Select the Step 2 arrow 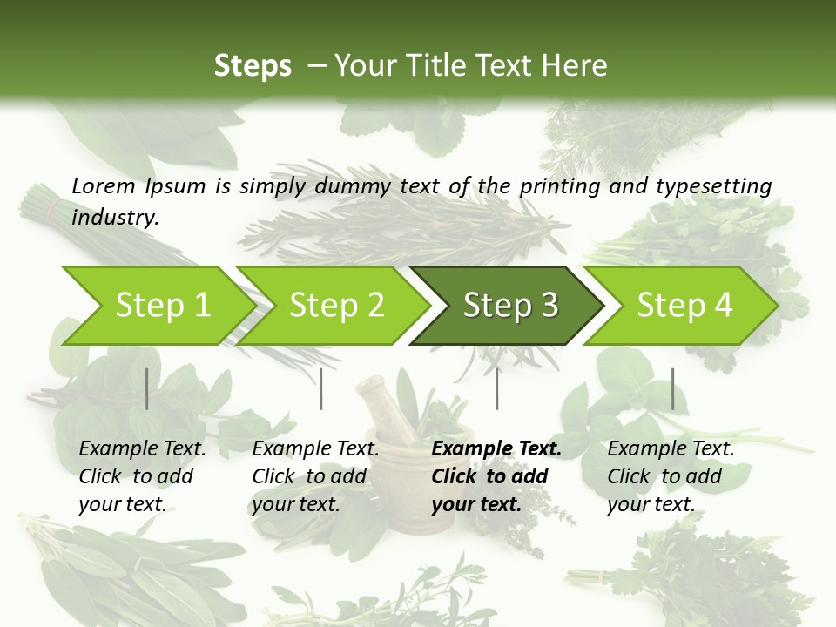[x=335, y=305]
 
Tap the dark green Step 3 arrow [x=509, y=305]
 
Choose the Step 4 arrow [x=683, y=305]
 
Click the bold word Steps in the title [x=253, y=66]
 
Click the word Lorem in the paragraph [x=104, y=185]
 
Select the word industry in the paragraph [x=114, y=218]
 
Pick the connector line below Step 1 [x=147, y=388]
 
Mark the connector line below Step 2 [x=321, y=388]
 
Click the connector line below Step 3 [x=496, y=388]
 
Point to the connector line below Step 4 [x=672, y=388]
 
